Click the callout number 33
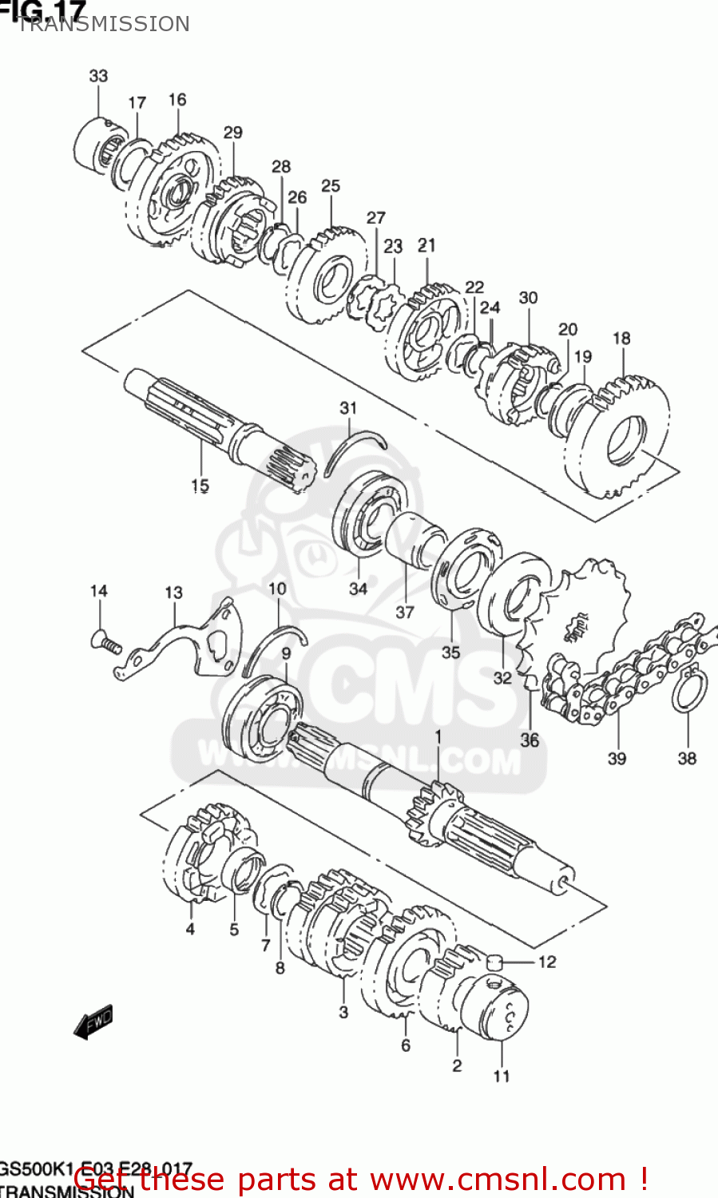tap(98, 76)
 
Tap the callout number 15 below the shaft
tap(200, 485)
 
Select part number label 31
tap(348, 408)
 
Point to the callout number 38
tap(687, 758)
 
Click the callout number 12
tap(547, 962)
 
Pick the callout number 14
tap(98, 591)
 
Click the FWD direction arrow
tap(93, 1021)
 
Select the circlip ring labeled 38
tap(689, 692)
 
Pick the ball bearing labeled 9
tap(260, 719)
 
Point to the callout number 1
tap(437, 735)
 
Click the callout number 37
tap(405, 612)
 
